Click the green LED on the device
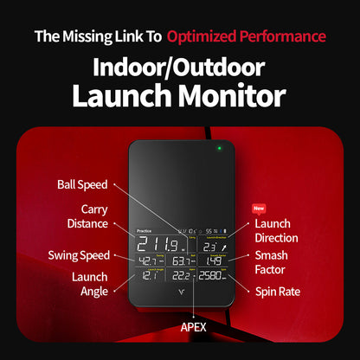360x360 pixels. coord(221,148)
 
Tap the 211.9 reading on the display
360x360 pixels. coord(159,242)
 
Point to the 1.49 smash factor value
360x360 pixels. coord(213,260)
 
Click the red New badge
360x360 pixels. coord(257,209)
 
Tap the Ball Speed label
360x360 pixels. coord(83,184)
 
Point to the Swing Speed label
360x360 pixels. coord(79,255)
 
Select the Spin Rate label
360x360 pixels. coord(278,292)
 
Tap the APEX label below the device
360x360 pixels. coord(192,328)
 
